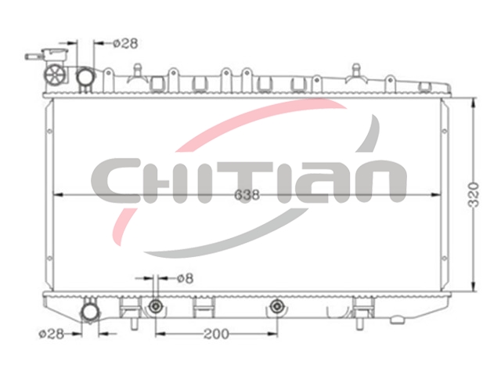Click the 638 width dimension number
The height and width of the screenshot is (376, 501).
tap(247, 194)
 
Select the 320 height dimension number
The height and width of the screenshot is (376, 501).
tap(473, 195)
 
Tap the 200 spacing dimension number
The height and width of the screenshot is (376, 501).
tap(216, 334)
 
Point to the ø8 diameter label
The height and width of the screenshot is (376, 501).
tap(186, 279)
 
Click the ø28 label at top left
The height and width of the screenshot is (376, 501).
tap(125, 43)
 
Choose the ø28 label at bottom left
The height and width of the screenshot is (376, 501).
tap(51, 334)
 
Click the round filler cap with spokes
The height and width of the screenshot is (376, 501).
tap(55, 75)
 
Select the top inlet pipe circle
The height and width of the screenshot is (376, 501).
tap(85, 77)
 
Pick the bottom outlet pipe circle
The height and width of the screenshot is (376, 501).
tap(91, 314)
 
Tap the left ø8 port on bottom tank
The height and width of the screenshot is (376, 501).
tap(156, 307)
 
